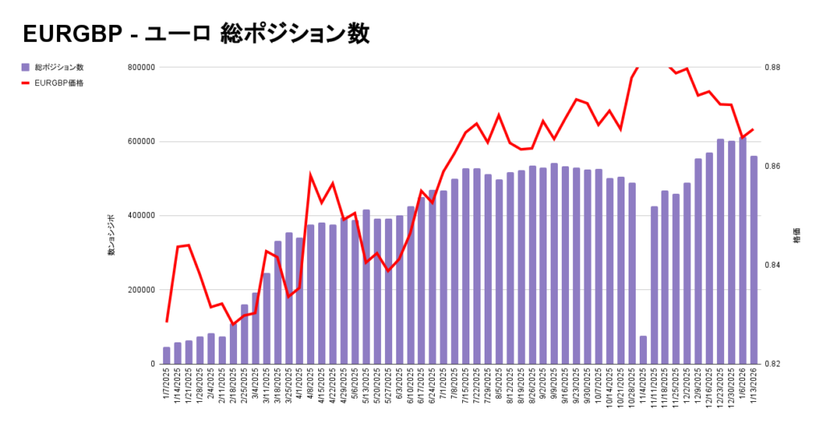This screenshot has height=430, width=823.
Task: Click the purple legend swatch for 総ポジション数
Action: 26,68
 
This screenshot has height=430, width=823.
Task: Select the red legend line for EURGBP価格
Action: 26,83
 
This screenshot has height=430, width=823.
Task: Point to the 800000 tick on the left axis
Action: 141,68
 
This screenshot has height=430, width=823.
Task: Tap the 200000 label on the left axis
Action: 141,290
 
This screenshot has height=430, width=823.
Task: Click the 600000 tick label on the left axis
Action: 141,141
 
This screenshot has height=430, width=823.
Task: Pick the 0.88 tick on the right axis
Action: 772,68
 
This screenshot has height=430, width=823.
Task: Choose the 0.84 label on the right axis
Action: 772,265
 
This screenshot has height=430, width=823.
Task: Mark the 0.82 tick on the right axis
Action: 772,364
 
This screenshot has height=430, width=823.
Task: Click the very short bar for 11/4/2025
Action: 643,350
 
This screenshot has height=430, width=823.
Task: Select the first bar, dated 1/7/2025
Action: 166,355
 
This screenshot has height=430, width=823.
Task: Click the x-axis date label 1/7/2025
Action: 167,387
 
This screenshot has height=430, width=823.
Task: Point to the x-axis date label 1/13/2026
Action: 754,388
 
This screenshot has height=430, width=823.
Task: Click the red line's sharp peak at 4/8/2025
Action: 311,174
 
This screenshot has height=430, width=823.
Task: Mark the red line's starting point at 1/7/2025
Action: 166,321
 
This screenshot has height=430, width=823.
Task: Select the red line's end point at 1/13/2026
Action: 753,129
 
